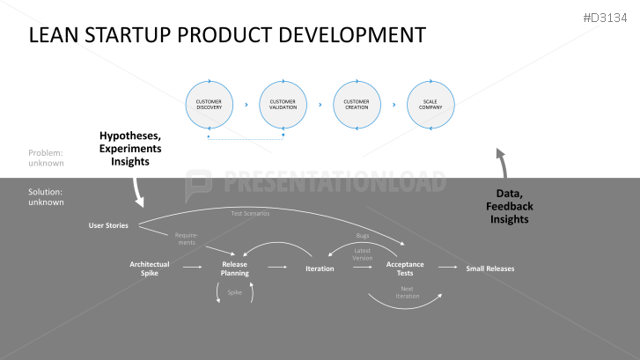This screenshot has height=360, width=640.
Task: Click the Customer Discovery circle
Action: coord(209,105)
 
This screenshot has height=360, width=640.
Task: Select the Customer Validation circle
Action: coord(283,105)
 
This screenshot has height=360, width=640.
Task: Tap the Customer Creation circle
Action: coord(357,105)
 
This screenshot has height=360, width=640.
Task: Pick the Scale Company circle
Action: coord(430,105)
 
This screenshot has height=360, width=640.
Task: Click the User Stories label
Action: coord(108,225)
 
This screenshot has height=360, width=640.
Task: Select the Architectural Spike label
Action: coord(149,268)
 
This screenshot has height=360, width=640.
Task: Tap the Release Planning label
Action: coord(234,268)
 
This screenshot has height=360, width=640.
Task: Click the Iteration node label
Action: coord(320,268)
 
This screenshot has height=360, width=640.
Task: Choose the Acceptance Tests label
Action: coord(405,268)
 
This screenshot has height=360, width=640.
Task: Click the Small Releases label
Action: coord(489,268)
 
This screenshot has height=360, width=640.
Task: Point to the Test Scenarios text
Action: coord(250,213)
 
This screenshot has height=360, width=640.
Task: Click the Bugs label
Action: coord(362,236)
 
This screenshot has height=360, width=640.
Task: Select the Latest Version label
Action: coord(363,254)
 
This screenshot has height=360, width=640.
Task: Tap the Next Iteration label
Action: coord(407,292)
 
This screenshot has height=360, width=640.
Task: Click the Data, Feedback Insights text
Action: coord(511,206)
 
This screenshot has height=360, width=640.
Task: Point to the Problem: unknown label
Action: coord(45,158)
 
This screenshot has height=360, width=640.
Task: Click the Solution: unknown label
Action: coord(45,196)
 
